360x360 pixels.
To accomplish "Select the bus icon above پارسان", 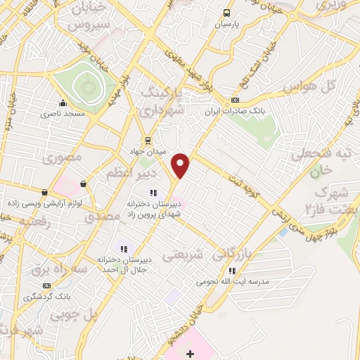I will (x=226, y=13).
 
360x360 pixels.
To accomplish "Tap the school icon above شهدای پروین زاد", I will (x=152, y=193).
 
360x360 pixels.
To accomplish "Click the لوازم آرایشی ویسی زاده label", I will (x=39, y=202).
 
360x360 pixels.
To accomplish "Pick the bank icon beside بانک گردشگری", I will (x=48, y=285).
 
